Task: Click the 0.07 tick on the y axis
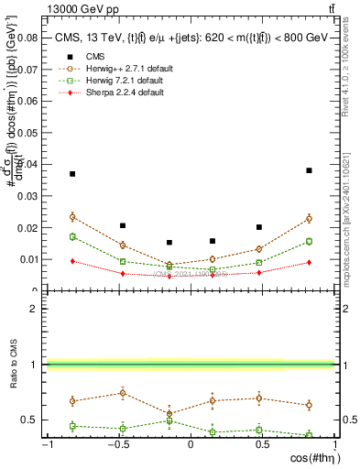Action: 25,69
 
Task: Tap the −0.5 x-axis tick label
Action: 117,445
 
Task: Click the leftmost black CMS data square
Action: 72,174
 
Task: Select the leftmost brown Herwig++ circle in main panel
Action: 72,217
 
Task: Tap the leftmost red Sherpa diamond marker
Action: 72,261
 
